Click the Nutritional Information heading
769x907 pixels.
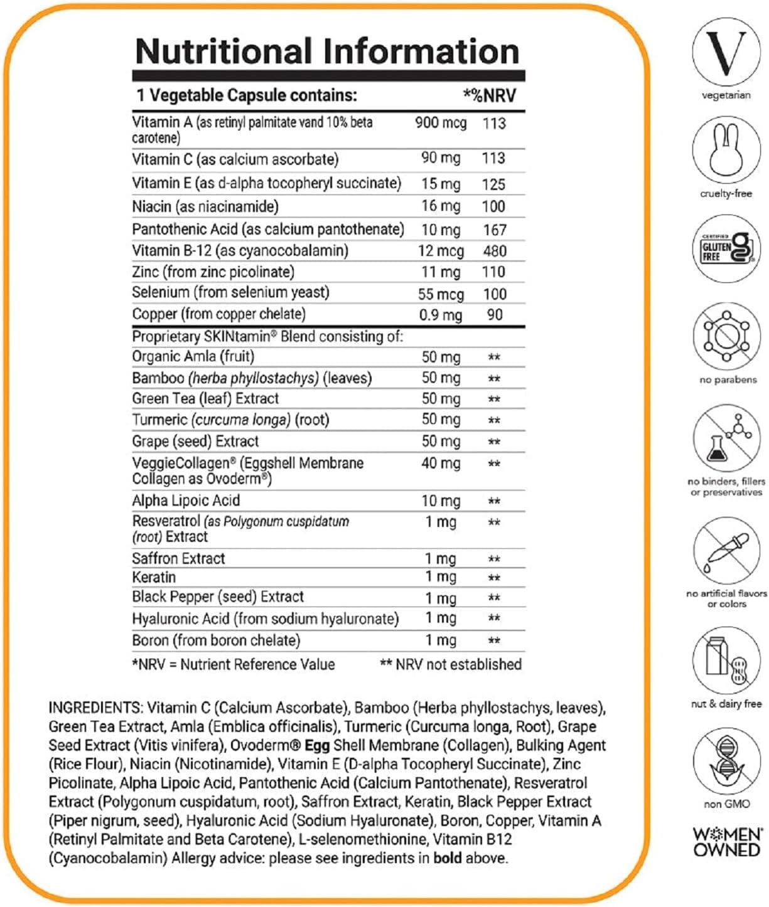(327, 51)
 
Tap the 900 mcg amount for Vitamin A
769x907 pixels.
(441, 123)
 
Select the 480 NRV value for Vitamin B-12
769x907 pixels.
(495, 251)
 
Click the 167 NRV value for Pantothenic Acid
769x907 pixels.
(495, 230)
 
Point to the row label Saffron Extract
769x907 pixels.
(178, 558)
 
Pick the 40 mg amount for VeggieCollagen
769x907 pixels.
(441, 464)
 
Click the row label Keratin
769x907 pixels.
(154, 577)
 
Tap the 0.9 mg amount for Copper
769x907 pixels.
(441, 315)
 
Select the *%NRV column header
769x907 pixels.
(490, 95)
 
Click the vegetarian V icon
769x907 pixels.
(726, 53)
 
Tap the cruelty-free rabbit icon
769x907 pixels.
(726, 151)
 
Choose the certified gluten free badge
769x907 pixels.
(726, 248)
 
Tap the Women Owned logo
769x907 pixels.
(727, 842)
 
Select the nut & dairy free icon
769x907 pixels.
(726, 662)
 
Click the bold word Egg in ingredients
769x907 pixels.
(317, 745)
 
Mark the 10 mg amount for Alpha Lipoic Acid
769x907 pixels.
(441, 501)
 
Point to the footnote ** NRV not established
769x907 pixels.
(451, 664)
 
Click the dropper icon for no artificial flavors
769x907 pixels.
(726, 551)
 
